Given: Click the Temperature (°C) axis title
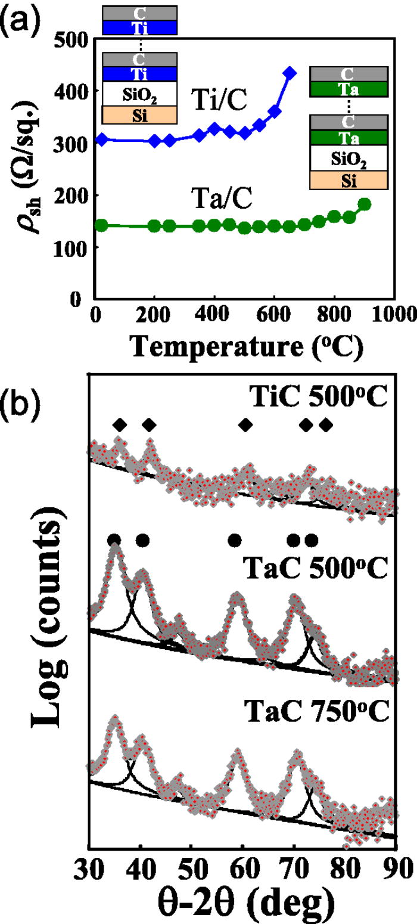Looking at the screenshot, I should (x=241, y=343).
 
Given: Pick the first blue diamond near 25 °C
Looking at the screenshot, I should (x=102, y=139).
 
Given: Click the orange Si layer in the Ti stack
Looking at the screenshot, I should (x=141, y=114).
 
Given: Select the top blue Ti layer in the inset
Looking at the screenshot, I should (x=141, y=27).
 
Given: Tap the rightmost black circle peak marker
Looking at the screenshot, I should (x=311, y=540).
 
